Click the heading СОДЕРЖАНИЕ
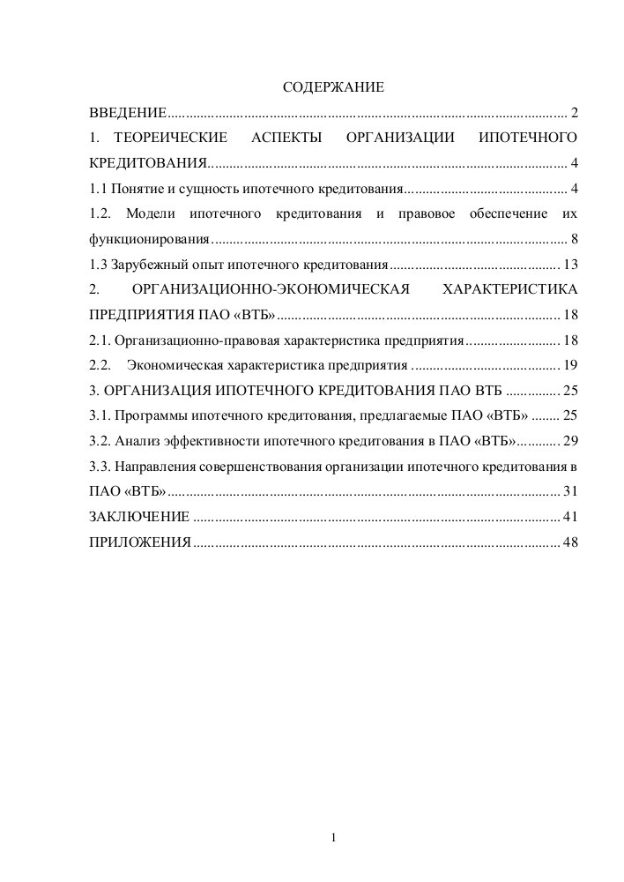[333, 88]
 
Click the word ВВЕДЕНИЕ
[128, 114]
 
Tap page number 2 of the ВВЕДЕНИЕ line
[574, 114]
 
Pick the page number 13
[569, 265]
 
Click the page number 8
[574, 239]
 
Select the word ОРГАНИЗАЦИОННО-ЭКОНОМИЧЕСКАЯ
[272, 290]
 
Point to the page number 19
[569, 365]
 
